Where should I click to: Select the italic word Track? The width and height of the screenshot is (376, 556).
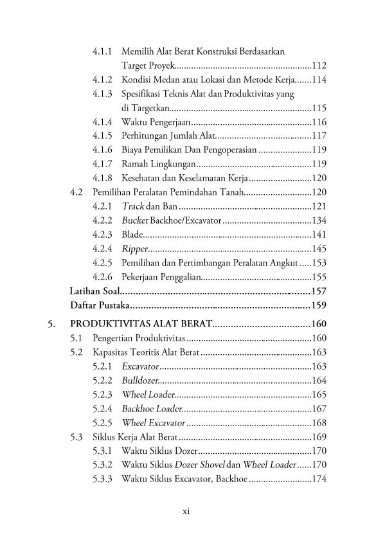pyautogui.click(x=133, y=206)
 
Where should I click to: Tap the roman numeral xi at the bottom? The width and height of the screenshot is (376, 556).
pyautogui.click(x=186, y=512)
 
